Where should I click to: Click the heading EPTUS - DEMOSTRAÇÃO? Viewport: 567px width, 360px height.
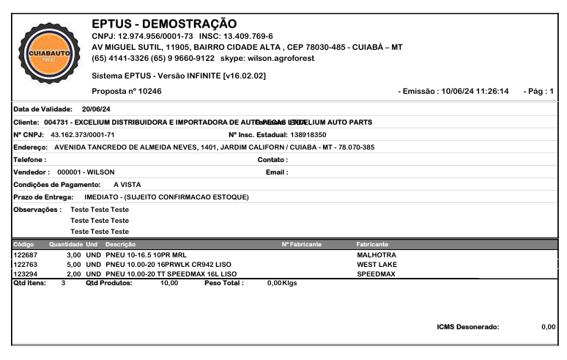pyautogui.click(x=159, y=24)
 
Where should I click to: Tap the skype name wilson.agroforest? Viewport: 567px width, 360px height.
pyautogui.click(x=286, y=59)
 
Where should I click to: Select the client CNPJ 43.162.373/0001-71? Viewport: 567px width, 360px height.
pyautogui.click(x=81, y=135)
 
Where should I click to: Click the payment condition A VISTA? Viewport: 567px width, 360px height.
pyautogui.click(x=127, y=185)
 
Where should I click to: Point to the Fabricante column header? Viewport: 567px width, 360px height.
pyautogui.click(x=372, y=243)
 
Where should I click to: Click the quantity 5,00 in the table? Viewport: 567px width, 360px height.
pyautogui.click(x=73, y=264)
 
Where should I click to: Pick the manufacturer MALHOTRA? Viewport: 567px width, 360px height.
pyautogui.click(x=377, y=254)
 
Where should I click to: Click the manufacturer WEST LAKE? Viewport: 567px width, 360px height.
pyautogui.click(x=377, y=264)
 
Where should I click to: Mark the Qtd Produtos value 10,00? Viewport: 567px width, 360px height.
pyautogui.click(x=168, y=282)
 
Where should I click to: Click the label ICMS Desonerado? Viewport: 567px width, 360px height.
pyautogui.click(x=467, y=327)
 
